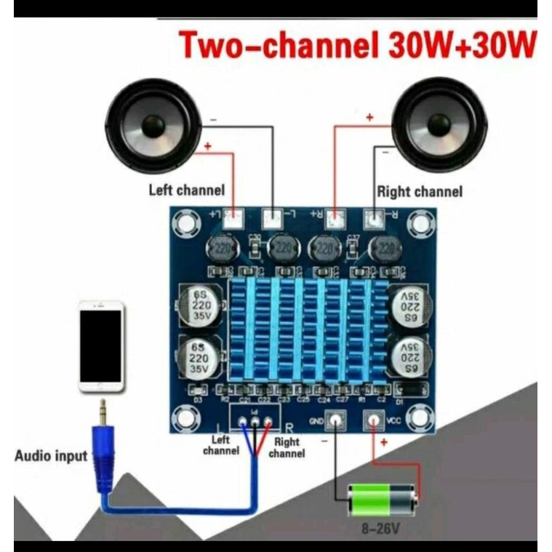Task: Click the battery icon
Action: point(383,499)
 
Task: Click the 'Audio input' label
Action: point(51,456)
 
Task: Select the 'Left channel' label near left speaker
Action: point(187,191)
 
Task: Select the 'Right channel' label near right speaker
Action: point(419,192)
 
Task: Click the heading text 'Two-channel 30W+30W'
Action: point(357,47)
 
